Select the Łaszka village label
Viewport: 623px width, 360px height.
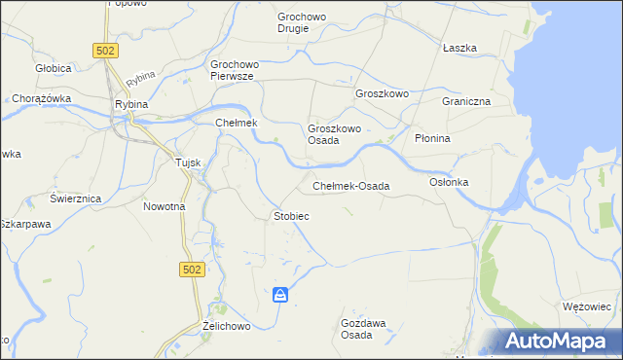click(x=458, y=48)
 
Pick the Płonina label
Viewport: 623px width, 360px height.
click(x=432, y=138)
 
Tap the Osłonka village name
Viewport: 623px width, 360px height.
click(x=449, y=183)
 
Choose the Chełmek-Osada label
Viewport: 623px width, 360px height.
click(x=350, y=186)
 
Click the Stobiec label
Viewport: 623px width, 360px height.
click(x=291, y=216)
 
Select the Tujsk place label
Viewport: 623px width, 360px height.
click(x=187, y=162)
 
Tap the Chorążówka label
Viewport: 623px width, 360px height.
click(x=38, y=98)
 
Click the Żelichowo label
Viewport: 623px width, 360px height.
click(x=227, y=326)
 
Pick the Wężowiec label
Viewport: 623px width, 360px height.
click(x=586, y=306)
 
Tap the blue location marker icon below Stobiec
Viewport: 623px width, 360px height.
click(x=280, y=294)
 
